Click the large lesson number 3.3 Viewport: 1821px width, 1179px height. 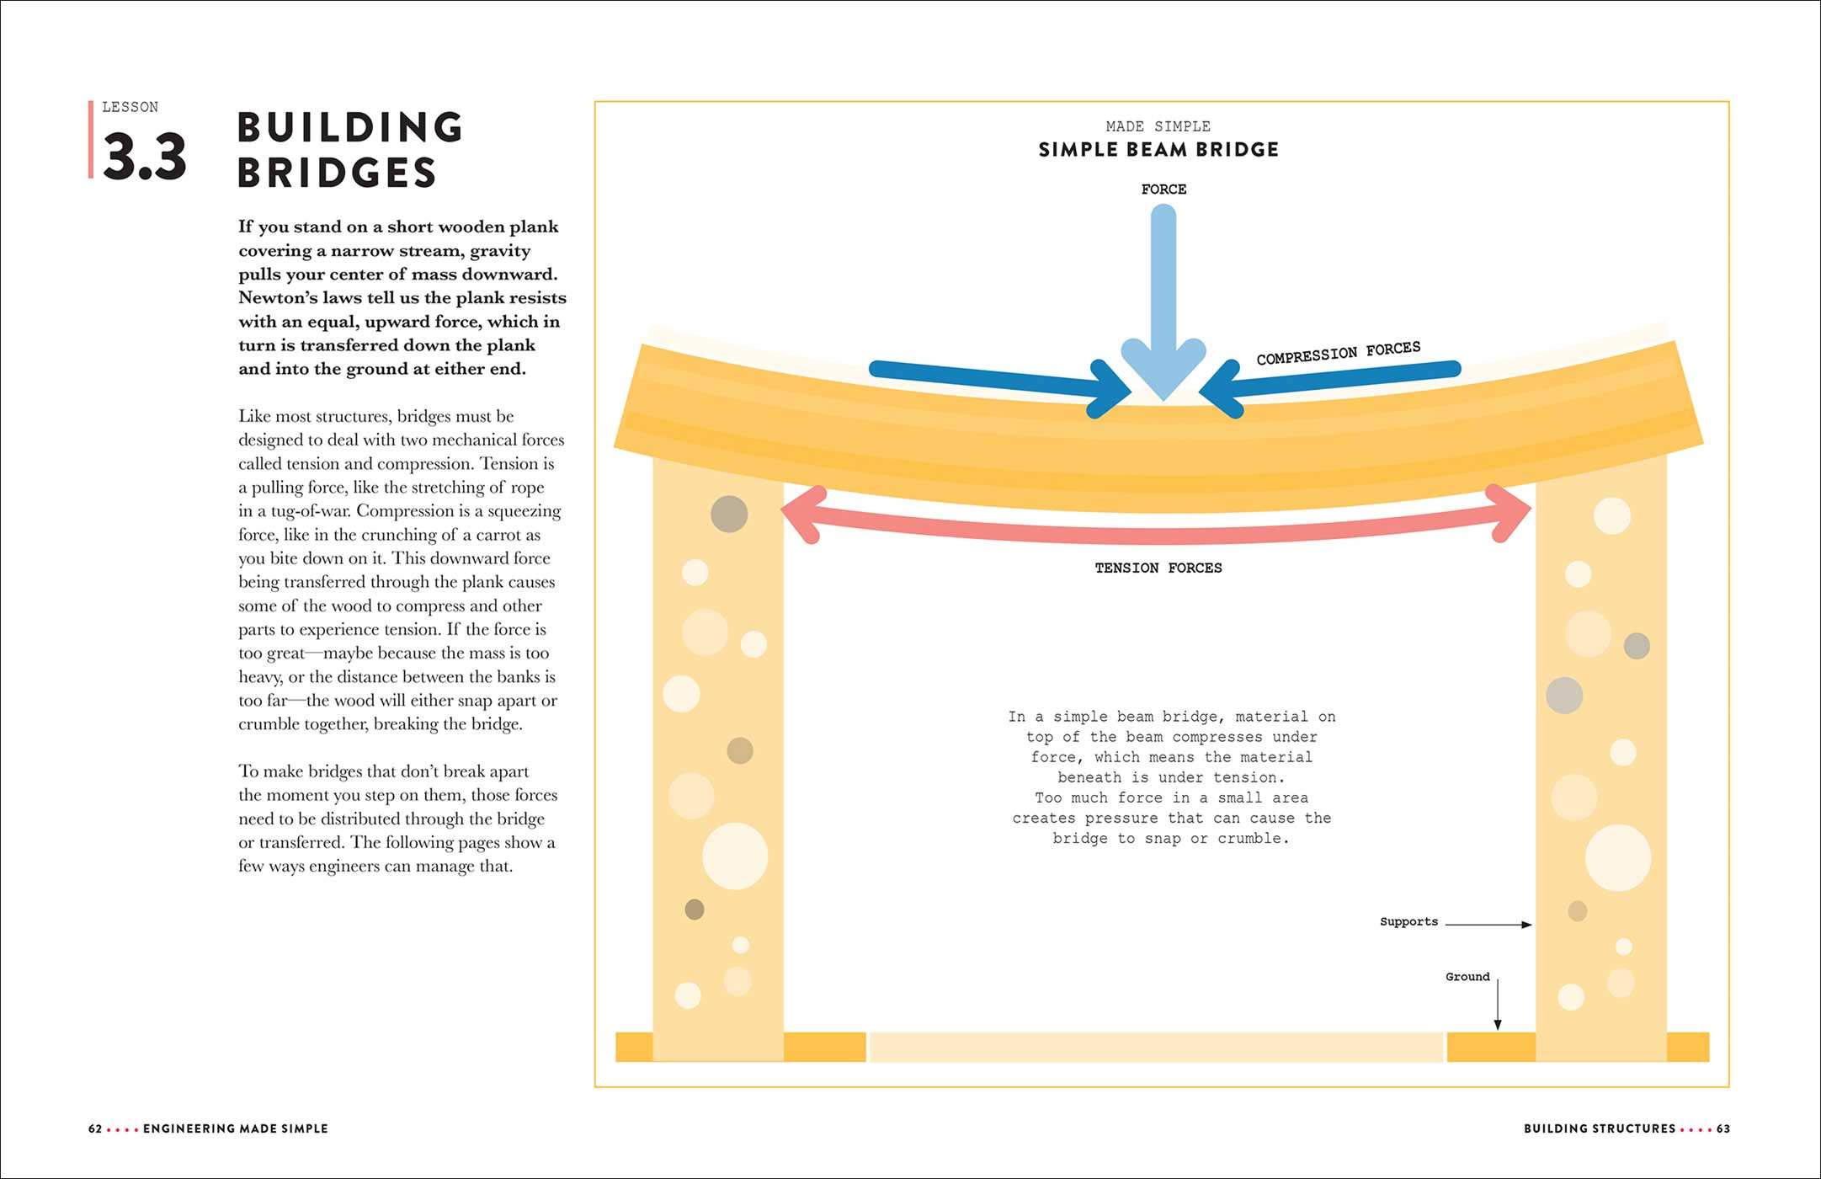click(144, 157)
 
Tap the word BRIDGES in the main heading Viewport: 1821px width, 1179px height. click(337, 173)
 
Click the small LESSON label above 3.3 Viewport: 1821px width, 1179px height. click(130, 107)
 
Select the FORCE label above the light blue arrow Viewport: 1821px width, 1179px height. click(1163, 189)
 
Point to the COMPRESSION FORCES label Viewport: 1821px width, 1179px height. click(1338, 353)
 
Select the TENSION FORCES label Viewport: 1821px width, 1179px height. click(1158, 568)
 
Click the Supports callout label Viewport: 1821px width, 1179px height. click(1408, 921)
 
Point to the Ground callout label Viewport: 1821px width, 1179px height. click(1467, 977)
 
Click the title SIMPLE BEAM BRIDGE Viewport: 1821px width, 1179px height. click(1158, 150)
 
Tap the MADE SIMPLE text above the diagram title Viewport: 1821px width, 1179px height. click(1158, 126)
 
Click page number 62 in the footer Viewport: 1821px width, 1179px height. click(95, 1128)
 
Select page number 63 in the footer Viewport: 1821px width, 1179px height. click(1723, 1128)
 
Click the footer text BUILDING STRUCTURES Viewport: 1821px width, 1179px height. click(1600, 1128)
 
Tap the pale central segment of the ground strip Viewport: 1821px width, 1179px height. click(1156, 1047)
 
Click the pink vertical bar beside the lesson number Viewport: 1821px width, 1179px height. click(91, 140)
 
